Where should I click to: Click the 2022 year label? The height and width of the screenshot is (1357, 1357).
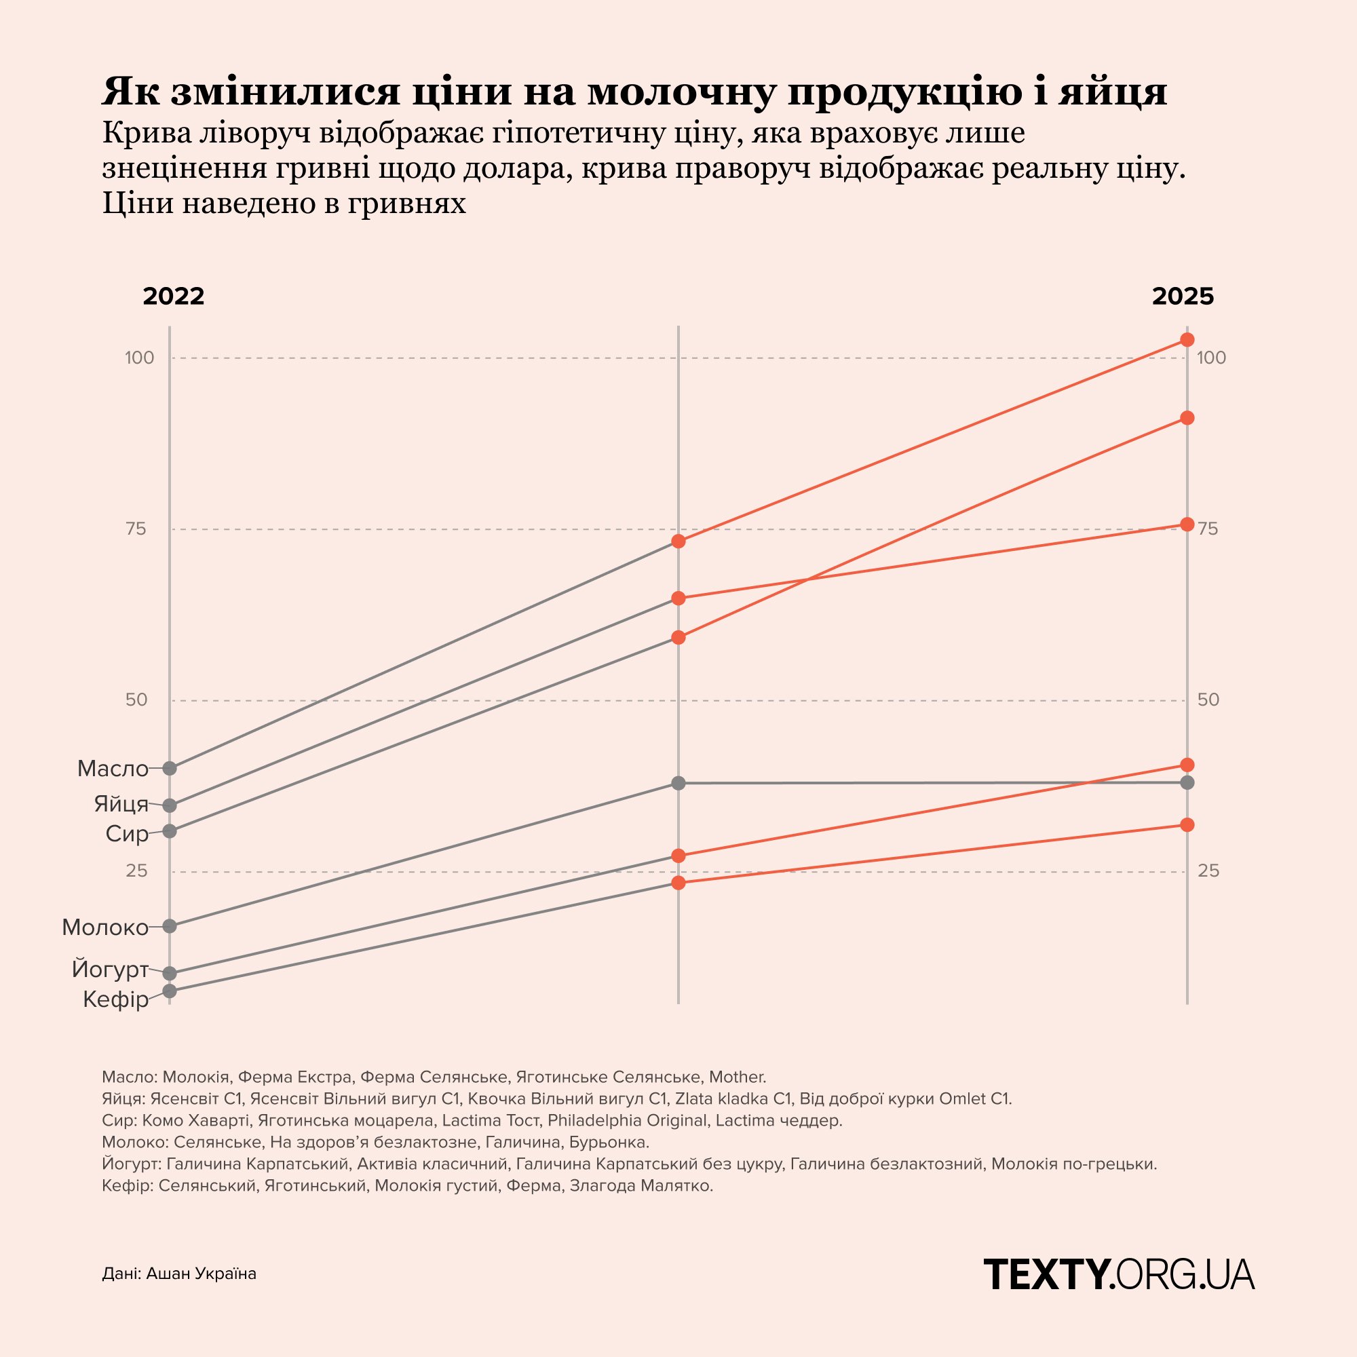(174, 297)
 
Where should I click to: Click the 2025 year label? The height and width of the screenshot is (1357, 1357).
(1183, 297)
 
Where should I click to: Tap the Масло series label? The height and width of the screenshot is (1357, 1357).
(113, 769)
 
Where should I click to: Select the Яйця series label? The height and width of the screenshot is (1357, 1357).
(121, 803)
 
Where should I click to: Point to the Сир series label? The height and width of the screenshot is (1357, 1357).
(127, 834)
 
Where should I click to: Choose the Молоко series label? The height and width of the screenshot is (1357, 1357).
(105, 928)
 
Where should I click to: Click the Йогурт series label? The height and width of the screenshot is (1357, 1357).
(111, 970)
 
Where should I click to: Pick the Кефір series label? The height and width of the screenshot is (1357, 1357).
(116, 999)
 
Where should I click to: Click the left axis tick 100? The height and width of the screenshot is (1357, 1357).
(139, 358)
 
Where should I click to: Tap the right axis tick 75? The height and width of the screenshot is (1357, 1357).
(1208, 529)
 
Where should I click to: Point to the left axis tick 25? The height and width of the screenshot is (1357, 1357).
(137, 872)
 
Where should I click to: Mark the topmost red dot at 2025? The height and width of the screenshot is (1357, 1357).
(1187, 340)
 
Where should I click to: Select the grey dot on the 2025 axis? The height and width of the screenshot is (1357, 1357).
(1187, 782)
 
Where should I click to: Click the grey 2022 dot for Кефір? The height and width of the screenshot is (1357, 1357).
(169, 991)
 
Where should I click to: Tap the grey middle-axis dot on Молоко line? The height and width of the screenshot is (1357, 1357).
(678, 783)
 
